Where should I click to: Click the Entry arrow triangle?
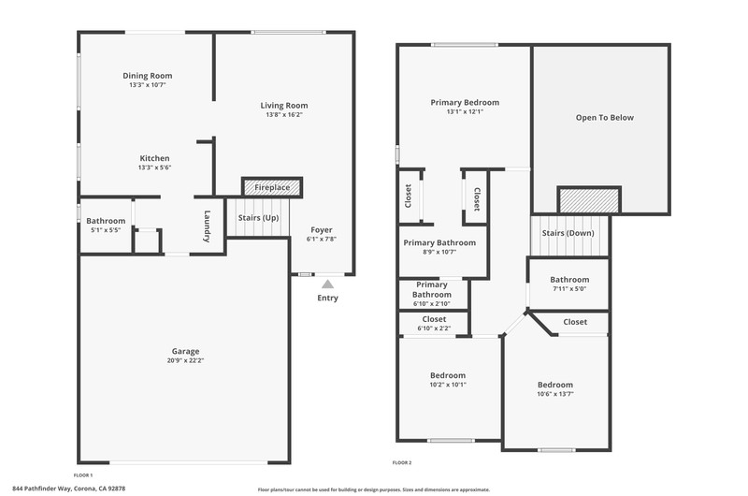click(327, 284)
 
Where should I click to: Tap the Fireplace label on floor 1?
click(272, 187)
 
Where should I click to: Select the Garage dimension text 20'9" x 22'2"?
click(185, 360)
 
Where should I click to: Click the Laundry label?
click(207, 226)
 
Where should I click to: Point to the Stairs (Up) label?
click(258, 218)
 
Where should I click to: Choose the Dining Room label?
click(148, 76)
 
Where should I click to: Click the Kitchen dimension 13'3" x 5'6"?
click(154, 168)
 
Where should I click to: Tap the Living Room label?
click(284, 106)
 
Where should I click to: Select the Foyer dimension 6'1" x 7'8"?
click(322, 239)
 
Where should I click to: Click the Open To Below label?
click(604, 117)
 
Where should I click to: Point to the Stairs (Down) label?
click(568, 233)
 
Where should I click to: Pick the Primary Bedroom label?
click(465, 103)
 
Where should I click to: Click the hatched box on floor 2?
click(589, 200)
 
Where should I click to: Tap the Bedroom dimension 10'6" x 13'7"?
click(555, 394)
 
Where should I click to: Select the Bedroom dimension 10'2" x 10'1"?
click(448, 385)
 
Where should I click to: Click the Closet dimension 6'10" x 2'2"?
click(434, 328)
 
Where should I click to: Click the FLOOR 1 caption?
click(83, 475)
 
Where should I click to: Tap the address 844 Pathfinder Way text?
click(42, 489)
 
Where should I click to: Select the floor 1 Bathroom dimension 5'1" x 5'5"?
click(106, 229)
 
